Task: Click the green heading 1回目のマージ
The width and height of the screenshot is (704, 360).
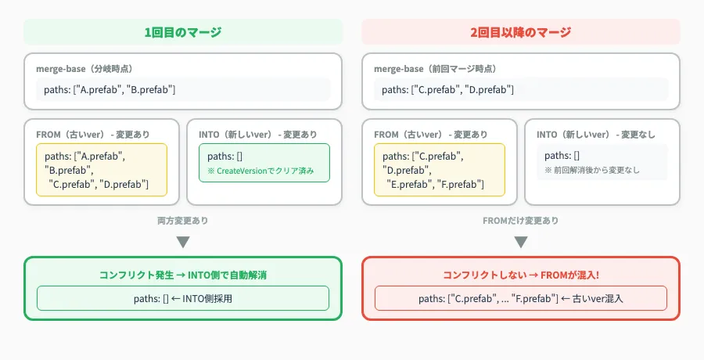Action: [x=183, y=32]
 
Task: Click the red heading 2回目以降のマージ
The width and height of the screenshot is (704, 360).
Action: [x=521, y=32]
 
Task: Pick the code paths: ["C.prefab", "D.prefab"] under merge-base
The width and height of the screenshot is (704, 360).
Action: [x=447, y=90]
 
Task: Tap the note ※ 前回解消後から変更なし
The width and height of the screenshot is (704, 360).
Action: [x=593, y=169]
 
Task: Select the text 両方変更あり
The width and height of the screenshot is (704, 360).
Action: [x=183, y=221]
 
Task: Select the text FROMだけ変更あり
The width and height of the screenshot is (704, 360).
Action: [x=521, y=221]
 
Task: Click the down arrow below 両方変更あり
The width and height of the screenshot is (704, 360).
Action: [x=183, y=241]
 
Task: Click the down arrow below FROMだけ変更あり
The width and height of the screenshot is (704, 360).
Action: [x=521, y=241]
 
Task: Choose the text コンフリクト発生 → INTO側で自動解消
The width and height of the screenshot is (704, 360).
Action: [x=183, y=275]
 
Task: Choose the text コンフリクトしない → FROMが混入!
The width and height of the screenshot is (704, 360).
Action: [x=521, y=275]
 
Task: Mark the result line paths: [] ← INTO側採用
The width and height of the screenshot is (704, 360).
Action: [x=183, y=298]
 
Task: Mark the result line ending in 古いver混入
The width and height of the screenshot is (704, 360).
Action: [x=521, y=298]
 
